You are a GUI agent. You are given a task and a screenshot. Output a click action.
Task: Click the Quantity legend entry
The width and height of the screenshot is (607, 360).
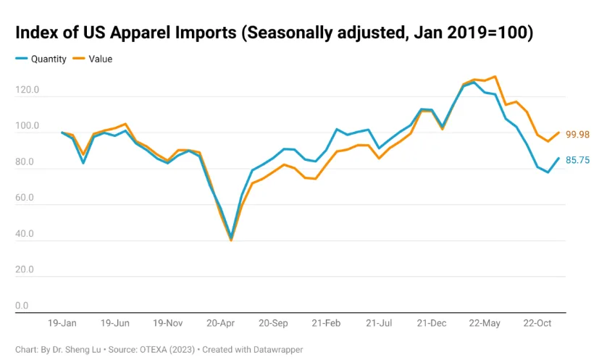(49, 59)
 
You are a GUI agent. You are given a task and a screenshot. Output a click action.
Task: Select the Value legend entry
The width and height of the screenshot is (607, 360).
(101, 59)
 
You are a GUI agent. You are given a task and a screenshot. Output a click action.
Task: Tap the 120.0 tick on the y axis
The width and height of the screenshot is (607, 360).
(27, 91)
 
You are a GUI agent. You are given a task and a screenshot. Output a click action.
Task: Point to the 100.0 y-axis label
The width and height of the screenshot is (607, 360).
(27, 127)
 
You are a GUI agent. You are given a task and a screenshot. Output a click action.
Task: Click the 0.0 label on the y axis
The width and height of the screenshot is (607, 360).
(22, 306)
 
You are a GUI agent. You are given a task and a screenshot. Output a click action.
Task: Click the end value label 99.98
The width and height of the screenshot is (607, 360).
(577, 135)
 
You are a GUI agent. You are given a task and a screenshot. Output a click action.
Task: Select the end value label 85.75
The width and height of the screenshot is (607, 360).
(577, 160)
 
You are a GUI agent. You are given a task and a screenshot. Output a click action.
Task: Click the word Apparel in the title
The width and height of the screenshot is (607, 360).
(131, 33)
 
